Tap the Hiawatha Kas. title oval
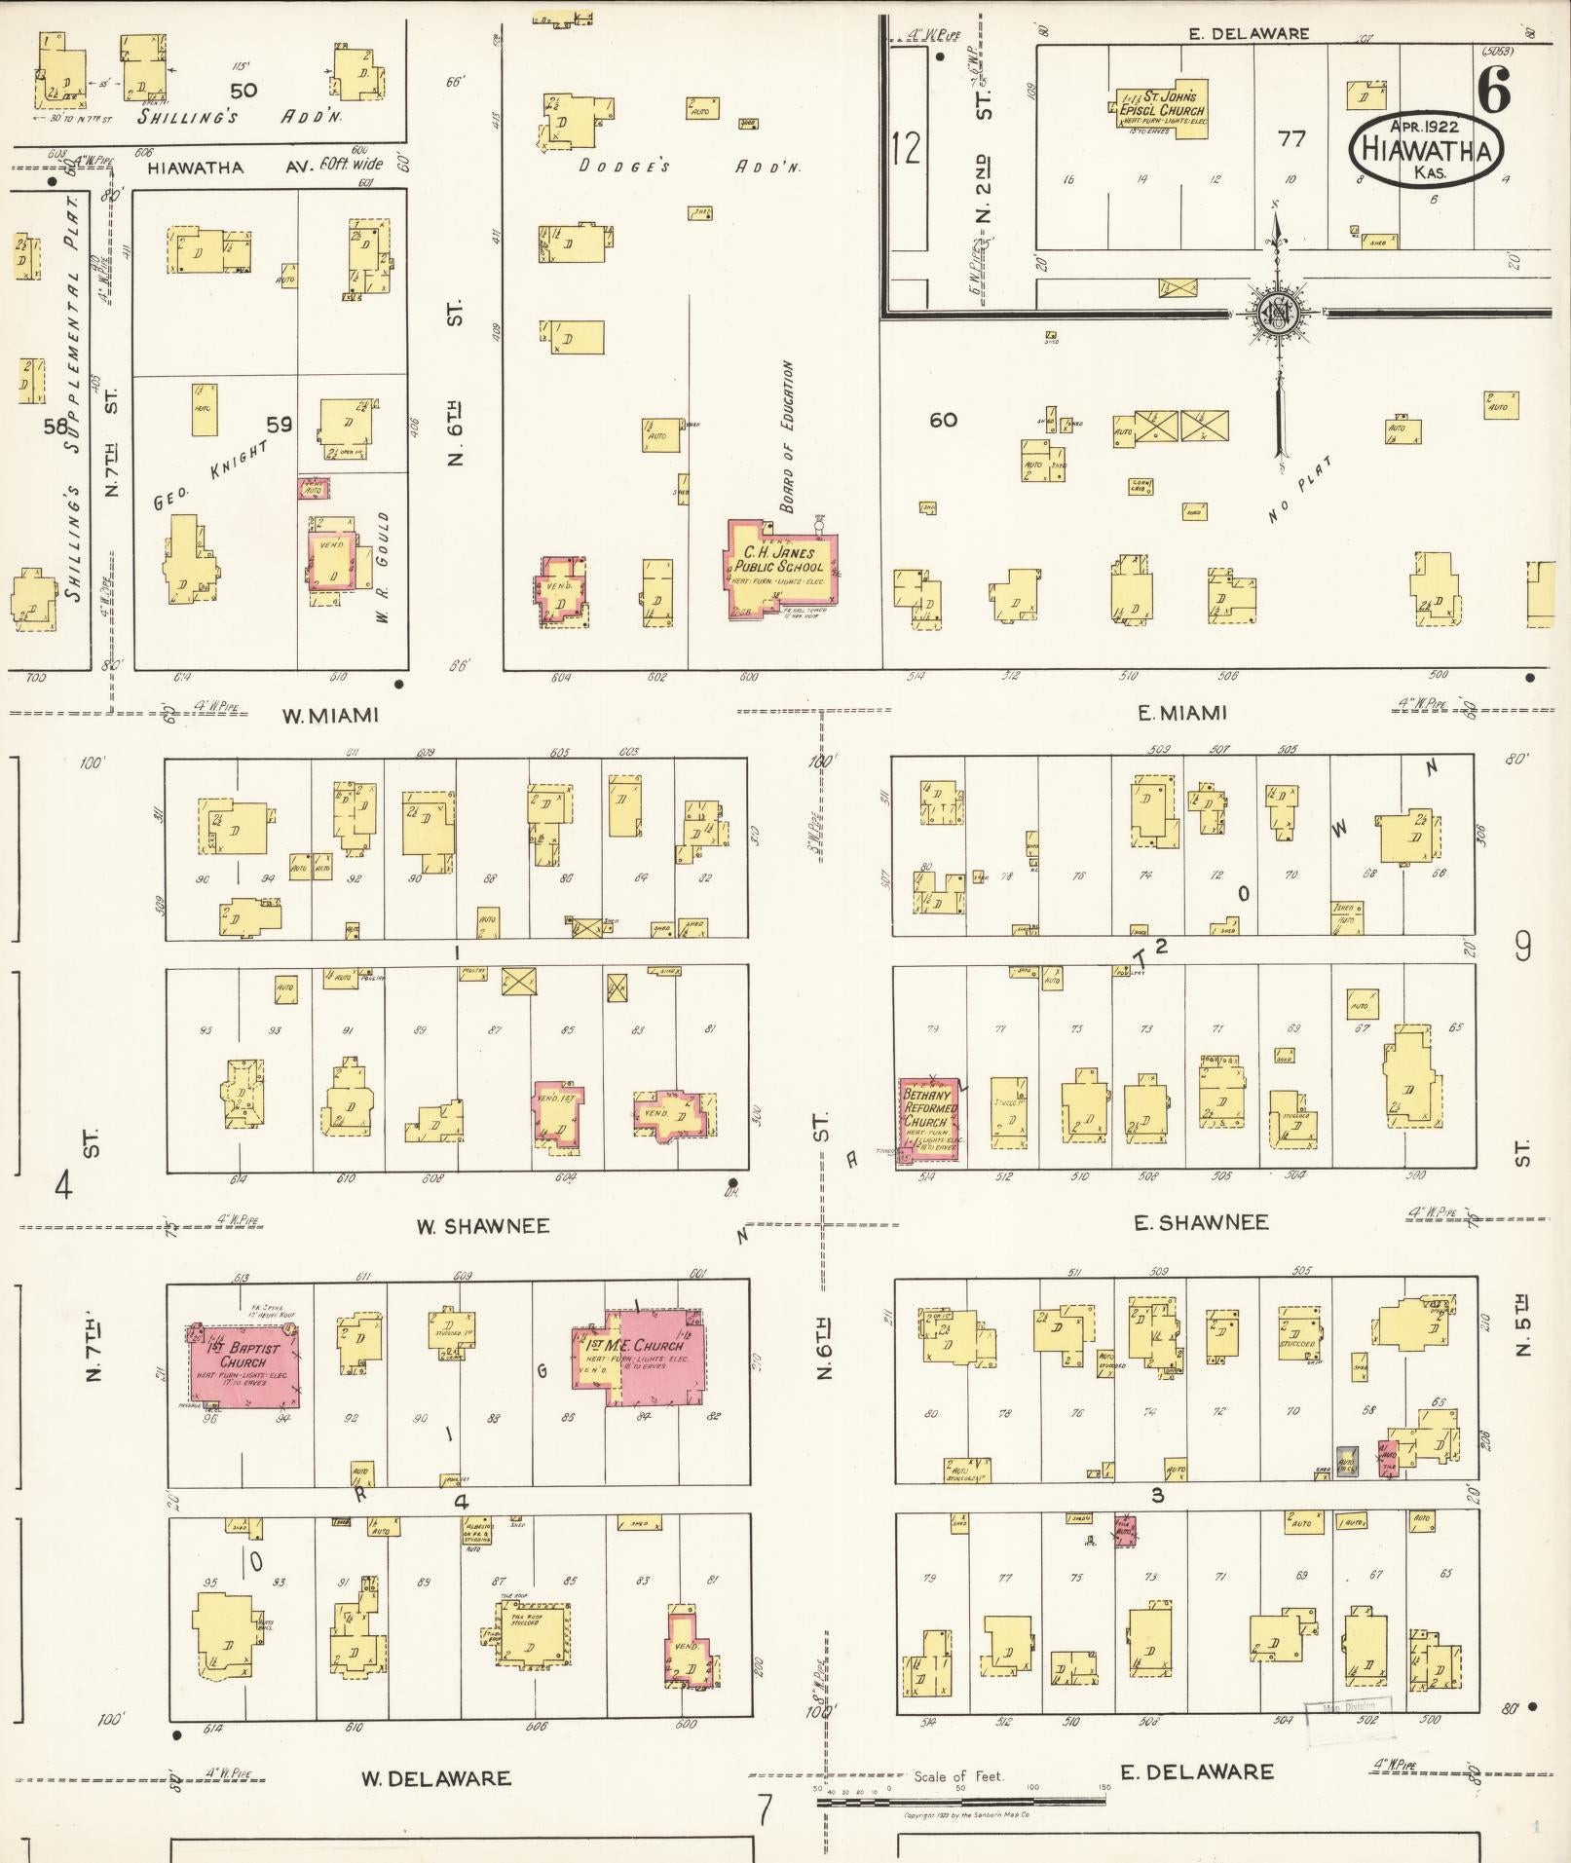tap(1426, 149)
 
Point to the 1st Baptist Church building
tap(243, 1363)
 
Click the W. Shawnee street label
tap(483, 1226)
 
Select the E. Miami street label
tap(1182, 713)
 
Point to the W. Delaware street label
tap(436, 1778)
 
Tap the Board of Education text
tap(787, 437)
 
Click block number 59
tap(279, 424)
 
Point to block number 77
tap(1291, 139)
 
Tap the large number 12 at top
tap(905, 148)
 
